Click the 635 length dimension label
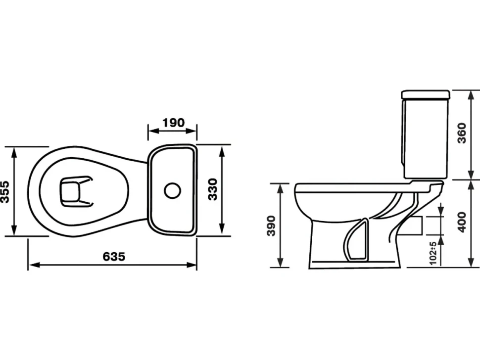coord(114,256)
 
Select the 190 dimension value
coord(174,123)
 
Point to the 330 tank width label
coord(212,189)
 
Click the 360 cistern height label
coord(462,133)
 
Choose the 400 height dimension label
coord(462,222)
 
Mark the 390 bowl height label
coord(271,225)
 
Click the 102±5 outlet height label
coord(433,253)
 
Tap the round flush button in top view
coord(172,190)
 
